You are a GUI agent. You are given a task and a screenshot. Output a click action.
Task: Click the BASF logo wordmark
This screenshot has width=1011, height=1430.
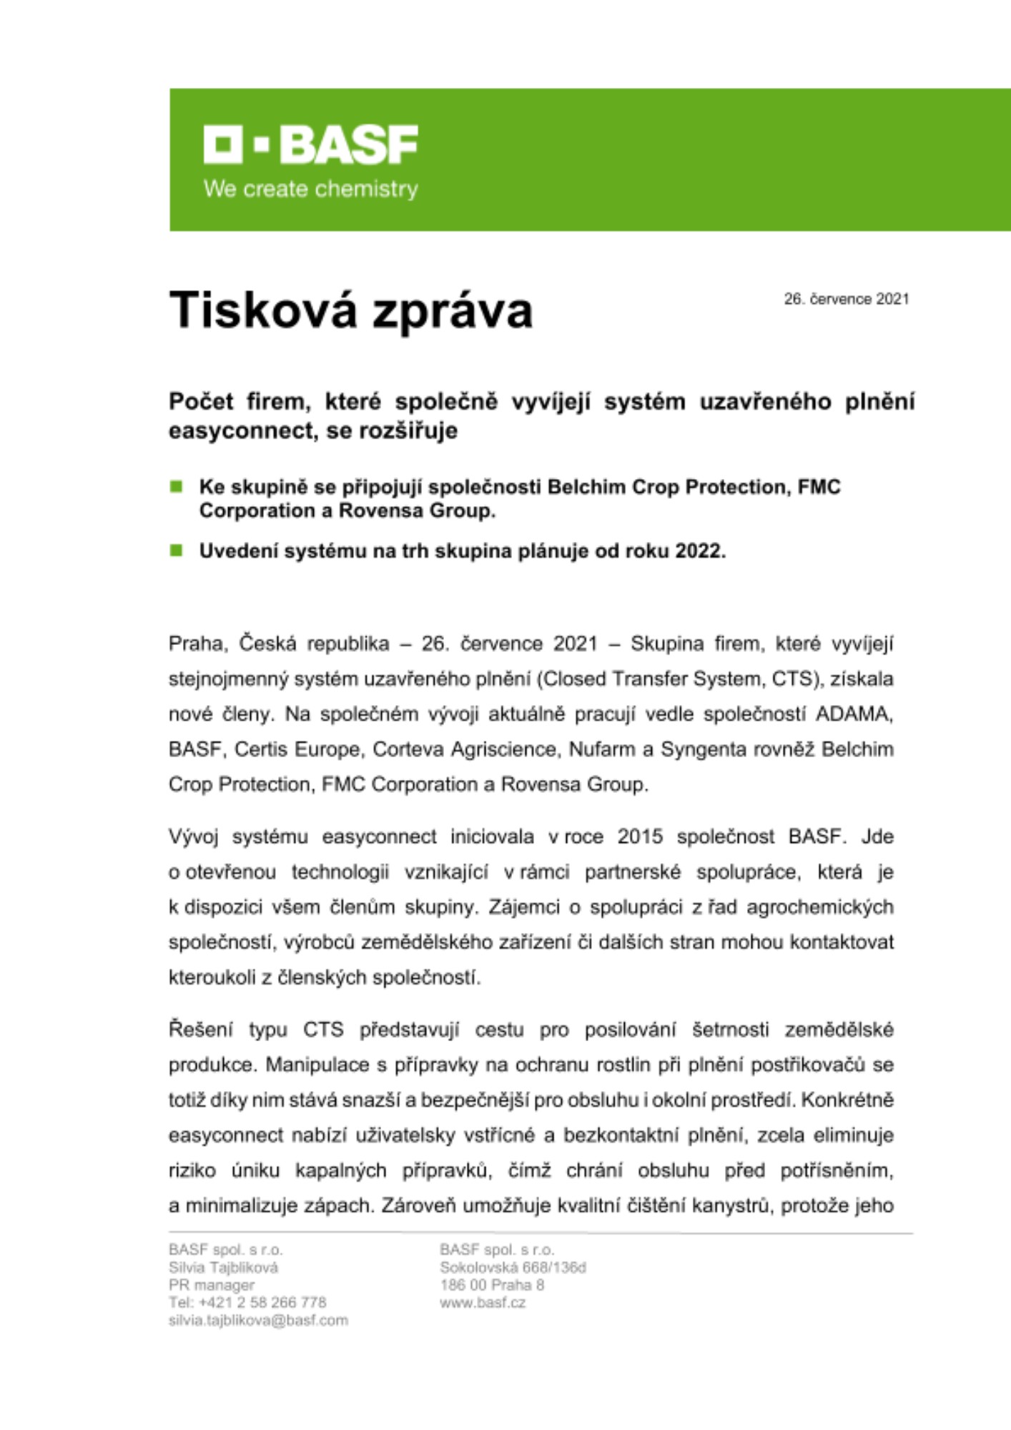coord(310,144)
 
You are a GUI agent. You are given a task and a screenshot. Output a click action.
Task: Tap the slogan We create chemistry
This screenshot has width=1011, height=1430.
coord(310,189)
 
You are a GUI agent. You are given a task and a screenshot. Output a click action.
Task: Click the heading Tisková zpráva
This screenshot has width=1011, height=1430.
coord(350,311)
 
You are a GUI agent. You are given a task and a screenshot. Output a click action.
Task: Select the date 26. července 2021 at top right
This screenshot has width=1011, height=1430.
coord(846,299)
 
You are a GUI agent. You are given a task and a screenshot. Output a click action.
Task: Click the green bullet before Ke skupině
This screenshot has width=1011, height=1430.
coord(176,487)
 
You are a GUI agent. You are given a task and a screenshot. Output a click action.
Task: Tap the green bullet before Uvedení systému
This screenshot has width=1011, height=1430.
coord(176,551)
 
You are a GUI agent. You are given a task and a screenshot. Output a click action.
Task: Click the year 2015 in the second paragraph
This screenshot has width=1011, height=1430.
coord(641,837)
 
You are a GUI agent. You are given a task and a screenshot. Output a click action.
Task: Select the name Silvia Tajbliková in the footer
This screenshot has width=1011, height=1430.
coord(223,1268)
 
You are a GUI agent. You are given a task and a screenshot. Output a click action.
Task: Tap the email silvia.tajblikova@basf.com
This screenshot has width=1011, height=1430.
coord(258,1321)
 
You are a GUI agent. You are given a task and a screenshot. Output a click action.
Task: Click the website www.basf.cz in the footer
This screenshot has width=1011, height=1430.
coord(483,1303)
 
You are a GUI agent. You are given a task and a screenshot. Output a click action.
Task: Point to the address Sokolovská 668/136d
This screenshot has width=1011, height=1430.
coord(513,1268)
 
